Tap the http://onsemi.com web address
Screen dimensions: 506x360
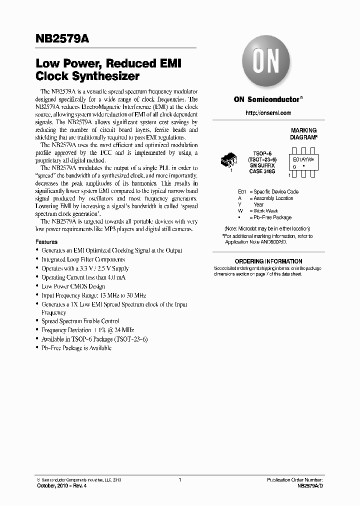(268, 113)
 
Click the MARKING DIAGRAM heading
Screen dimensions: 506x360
(303, 133)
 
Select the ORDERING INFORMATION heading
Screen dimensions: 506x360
(268, 261)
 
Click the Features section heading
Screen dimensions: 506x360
(46, 241)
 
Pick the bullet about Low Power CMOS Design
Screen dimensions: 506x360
(73, 286)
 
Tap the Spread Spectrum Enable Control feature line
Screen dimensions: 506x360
(80, 321)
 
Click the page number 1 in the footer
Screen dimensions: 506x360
(179, 480)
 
